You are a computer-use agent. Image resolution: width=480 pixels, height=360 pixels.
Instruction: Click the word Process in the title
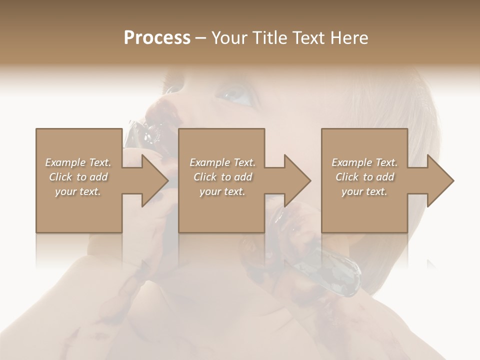click(157, 38)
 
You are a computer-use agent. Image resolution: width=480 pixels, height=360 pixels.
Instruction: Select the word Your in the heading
click(229, 38)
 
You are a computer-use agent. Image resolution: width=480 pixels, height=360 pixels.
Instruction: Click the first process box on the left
click(79, 210)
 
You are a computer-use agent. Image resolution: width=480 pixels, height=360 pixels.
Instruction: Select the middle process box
click(221, 210)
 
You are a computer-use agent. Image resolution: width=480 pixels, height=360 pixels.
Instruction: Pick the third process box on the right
click(364, 210)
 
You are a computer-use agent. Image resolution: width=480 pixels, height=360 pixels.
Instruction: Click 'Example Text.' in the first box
click(78, 162)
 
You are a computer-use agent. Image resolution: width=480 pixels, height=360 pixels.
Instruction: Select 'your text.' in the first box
click(78, 191)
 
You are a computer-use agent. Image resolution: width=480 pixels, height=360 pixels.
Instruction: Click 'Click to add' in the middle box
click(222, 177)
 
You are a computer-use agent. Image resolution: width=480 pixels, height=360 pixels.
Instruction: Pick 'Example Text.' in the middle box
click(222, 162)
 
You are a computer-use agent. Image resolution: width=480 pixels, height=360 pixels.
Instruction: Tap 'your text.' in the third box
click(364, 191)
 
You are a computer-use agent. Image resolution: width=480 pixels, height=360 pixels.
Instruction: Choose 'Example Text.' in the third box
click(364, 162)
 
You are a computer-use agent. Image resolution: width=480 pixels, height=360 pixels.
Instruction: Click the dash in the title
click(201, 38)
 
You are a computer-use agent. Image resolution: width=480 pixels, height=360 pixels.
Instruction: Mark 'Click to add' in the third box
click(364, 177)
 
